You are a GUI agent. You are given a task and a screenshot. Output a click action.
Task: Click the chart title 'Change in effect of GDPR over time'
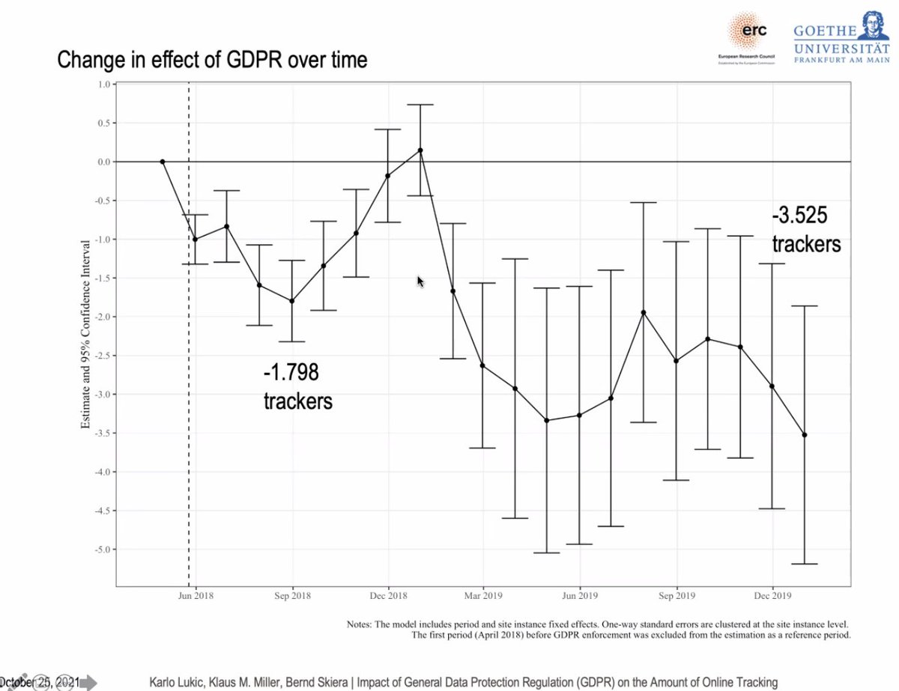coord(212,59)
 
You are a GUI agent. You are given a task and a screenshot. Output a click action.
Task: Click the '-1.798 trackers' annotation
coord(297,386)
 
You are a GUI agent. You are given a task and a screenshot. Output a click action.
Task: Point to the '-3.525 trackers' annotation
coord(806,230)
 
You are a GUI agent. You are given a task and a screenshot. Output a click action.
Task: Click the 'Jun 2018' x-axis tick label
coord(196,596)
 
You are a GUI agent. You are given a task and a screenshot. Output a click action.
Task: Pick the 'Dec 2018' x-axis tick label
coord(389,596)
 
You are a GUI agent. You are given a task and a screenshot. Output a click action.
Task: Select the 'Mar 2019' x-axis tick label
coord(483,596)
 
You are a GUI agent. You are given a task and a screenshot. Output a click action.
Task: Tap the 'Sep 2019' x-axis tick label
coord(676,596)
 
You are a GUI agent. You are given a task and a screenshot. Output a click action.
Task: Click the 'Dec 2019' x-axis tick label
coord(772,596)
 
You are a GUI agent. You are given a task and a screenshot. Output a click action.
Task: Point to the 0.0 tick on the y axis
coord(103,162)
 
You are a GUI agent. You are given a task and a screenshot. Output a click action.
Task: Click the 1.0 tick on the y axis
coord(103,85)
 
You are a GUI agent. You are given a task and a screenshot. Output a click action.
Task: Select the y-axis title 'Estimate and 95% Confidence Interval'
coord(85,335)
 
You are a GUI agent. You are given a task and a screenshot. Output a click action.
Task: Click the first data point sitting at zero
coord(163,162)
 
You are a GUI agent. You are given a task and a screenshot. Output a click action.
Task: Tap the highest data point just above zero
coord(420,150)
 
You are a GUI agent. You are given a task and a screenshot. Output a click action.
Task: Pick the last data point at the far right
coord(805,435)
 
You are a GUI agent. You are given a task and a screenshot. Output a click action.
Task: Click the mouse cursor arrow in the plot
coord(420,281)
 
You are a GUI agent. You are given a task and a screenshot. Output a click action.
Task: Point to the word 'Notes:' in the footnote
coord(361,624)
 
